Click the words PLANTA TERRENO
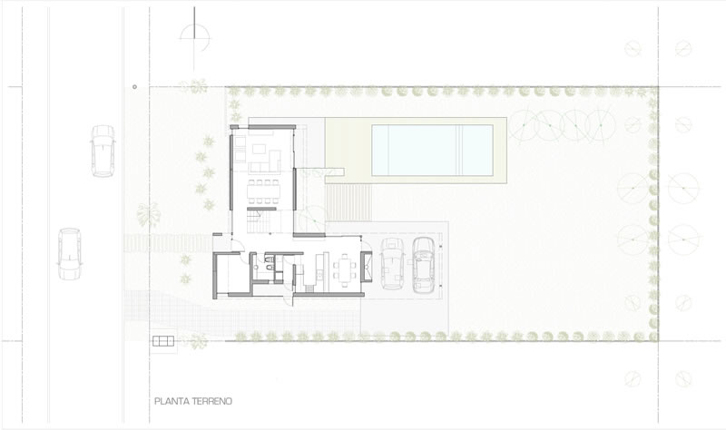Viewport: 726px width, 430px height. pyautogui.click(x=193, y=401)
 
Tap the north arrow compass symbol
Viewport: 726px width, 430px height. pyautogui.click(x=194, y=38)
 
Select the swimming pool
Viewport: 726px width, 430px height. pyautogui.click(x=432, y=150)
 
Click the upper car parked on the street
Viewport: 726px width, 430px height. pyautogui.click(x=103, y=151)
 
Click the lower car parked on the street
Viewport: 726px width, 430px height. pyautogui.click(x=70, y=254)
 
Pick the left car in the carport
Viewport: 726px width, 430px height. pyautogui.click(x=393, y=264)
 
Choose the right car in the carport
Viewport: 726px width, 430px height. pyautogui.click(x=423, y=265)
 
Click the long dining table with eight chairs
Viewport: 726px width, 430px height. pyautogui.click(x=263, y=191)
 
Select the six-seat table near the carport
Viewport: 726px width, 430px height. pyautogui.click(x=345, y=269)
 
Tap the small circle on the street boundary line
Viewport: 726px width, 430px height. pyautogui.click(x=134, y=86)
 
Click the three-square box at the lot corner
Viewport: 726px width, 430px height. pyautogui.click(x=163, y=342)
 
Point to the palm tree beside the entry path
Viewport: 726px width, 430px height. pyautogui.click(x=148, y=215)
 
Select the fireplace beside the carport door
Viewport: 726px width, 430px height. pyautogui.click(x=367, y=266)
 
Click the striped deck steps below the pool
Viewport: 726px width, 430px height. pyautogui.click(x=348, y=202)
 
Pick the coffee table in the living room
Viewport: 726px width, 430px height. pyautogui.click(x=259, y=149)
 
